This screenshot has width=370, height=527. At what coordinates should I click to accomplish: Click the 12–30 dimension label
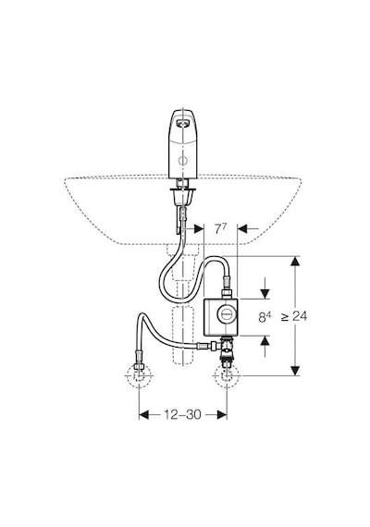pyautogui.click(x=182, y=414)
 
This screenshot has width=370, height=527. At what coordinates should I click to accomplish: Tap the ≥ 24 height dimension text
pyautogui.click(x=295, y=316)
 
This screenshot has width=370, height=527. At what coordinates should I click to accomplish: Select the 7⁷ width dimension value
pyautogui.click(x=220, y=229)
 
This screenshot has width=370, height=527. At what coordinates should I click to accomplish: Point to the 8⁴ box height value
pyautogui.click(x=265, y=317)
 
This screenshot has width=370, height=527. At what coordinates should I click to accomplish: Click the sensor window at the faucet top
pyautogui.click(x=182, y=124)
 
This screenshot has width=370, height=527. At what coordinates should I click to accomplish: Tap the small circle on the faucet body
pyautogui.click(x=183, y=161)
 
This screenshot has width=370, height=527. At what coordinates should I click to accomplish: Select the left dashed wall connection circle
pyautogui.click(x=139, y=376)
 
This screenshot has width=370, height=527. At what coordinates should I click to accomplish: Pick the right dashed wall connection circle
pyautogui.click(x=227, y=376)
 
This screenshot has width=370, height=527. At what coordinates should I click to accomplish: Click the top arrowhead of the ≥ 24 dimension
pyautogui.click(x=295, y=262)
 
